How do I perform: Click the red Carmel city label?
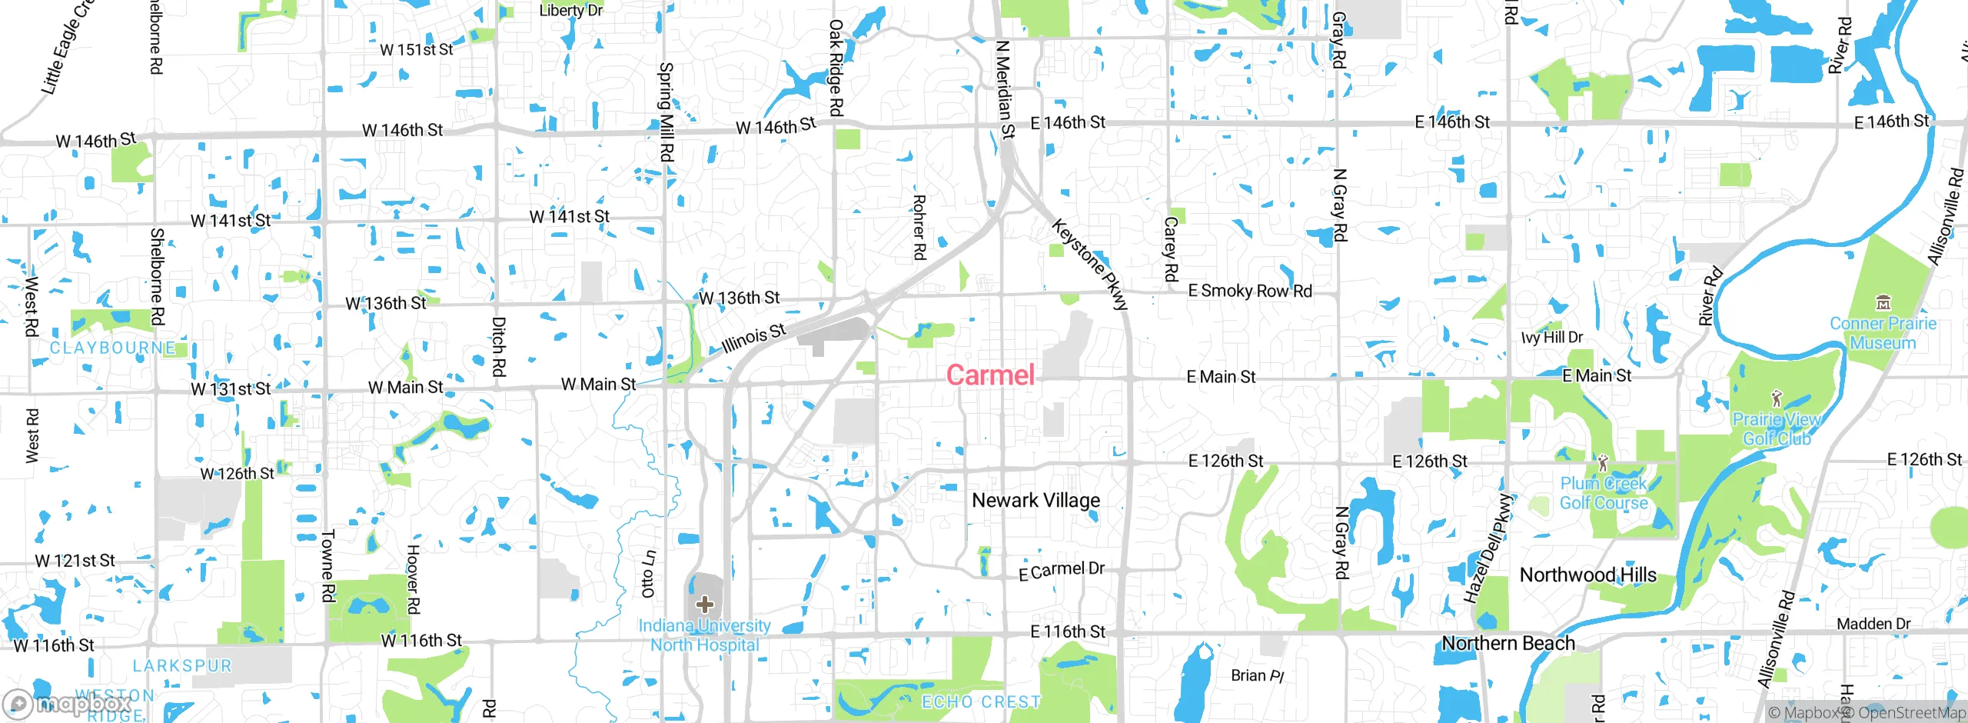(990, 375)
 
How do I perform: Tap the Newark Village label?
(1036, 501)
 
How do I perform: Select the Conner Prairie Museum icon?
(1883, 302)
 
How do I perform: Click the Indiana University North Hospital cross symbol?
(705, 605)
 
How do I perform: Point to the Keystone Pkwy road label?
(1090, 265)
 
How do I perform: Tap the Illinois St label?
(754, 338)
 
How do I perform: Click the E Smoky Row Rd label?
(1250, 291)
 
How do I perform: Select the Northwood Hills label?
(1587, 575)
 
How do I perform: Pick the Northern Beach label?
(1508, 643)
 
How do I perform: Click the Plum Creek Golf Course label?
(1604, 493)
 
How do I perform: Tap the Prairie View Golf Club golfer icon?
(1776, 399)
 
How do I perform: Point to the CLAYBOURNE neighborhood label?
(112, 348)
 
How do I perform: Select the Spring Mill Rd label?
(667, 112)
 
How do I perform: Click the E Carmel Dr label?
(1061, 571)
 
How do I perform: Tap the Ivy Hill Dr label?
(1551, 338)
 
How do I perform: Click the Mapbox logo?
(68, 703)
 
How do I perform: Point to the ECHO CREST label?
(981, 701)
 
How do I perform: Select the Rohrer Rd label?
(919, 227)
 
